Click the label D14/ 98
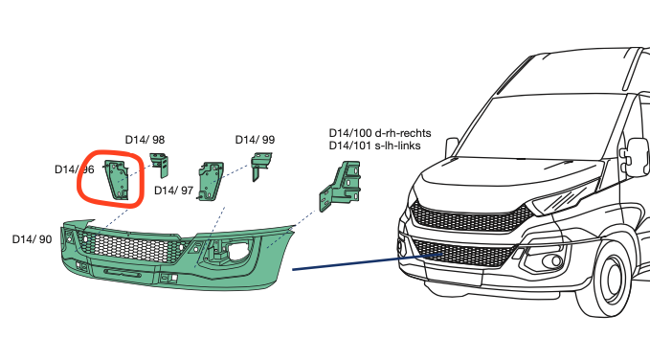coord(145,140)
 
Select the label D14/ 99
coord(255,140)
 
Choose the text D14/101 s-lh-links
coord(374,146)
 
